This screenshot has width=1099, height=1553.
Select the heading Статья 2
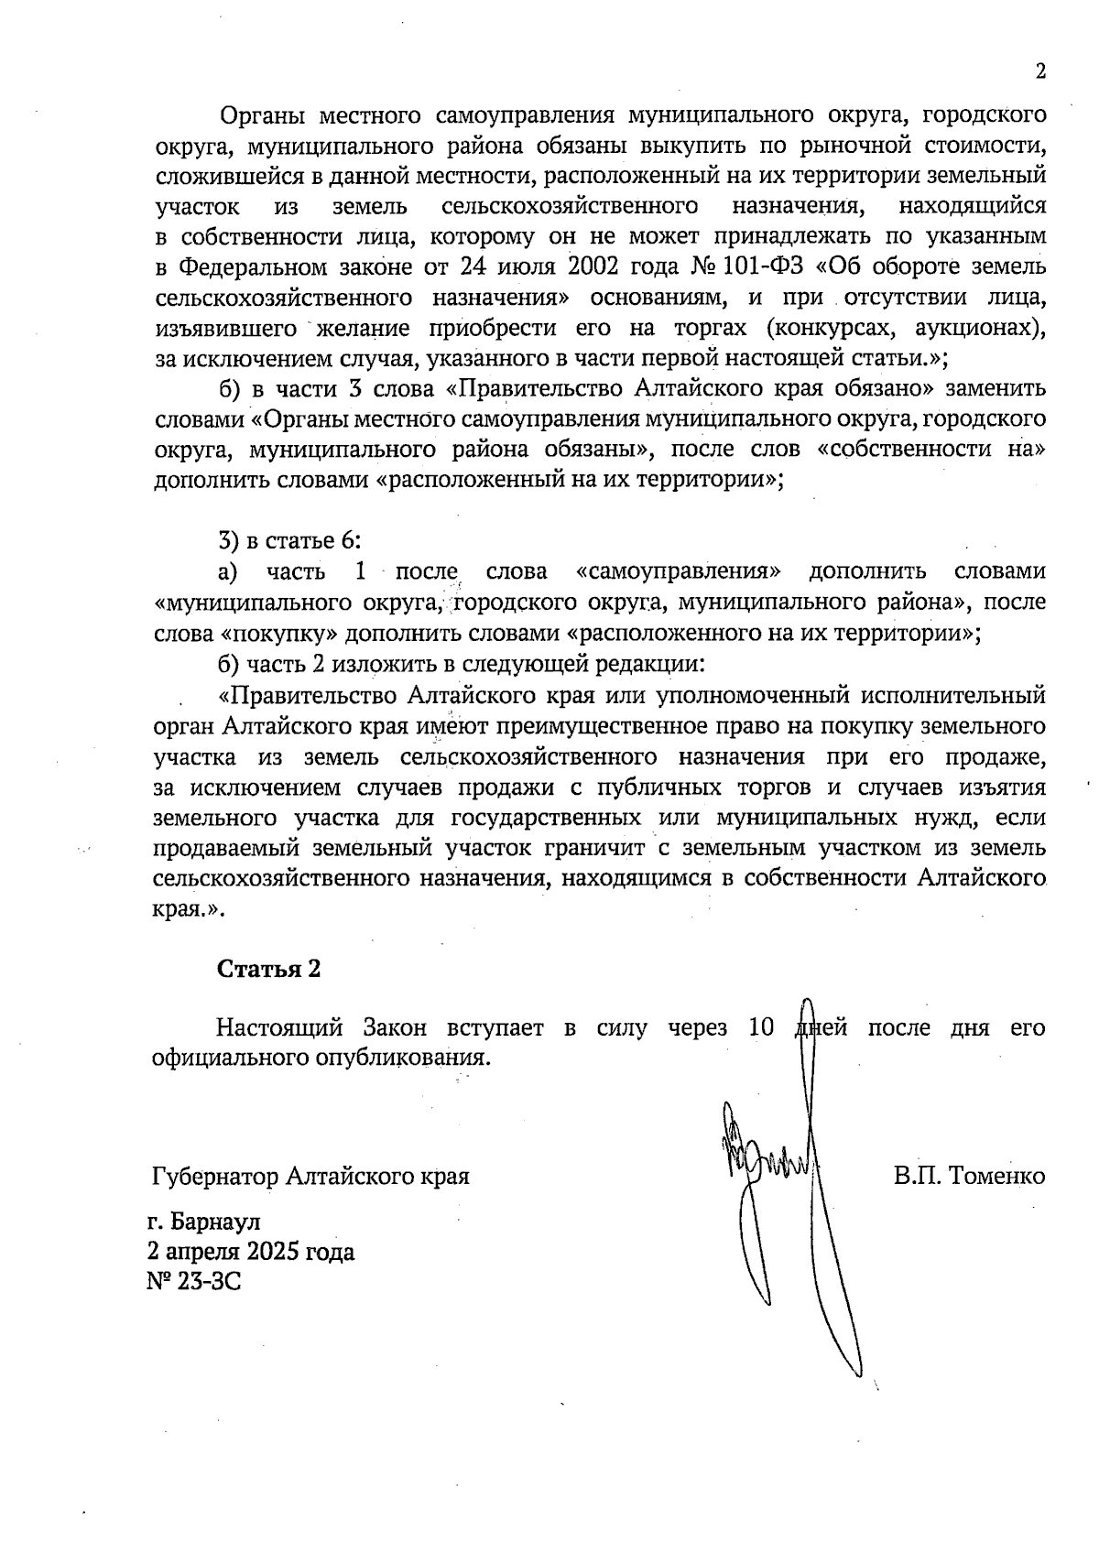tap(268, 969)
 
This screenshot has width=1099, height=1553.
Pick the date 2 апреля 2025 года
tap(250, 1251)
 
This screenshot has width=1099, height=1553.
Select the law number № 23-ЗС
tap(193, 1280)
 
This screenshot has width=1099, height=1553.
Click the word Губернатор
tap(213, 1176)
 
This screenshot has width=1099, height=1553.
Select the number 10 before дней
tap(762, 1027)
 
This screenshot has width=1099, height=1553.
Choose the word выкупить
tap(655, 146)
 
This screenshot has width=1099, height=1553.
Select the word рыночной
tap(847, 146)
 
